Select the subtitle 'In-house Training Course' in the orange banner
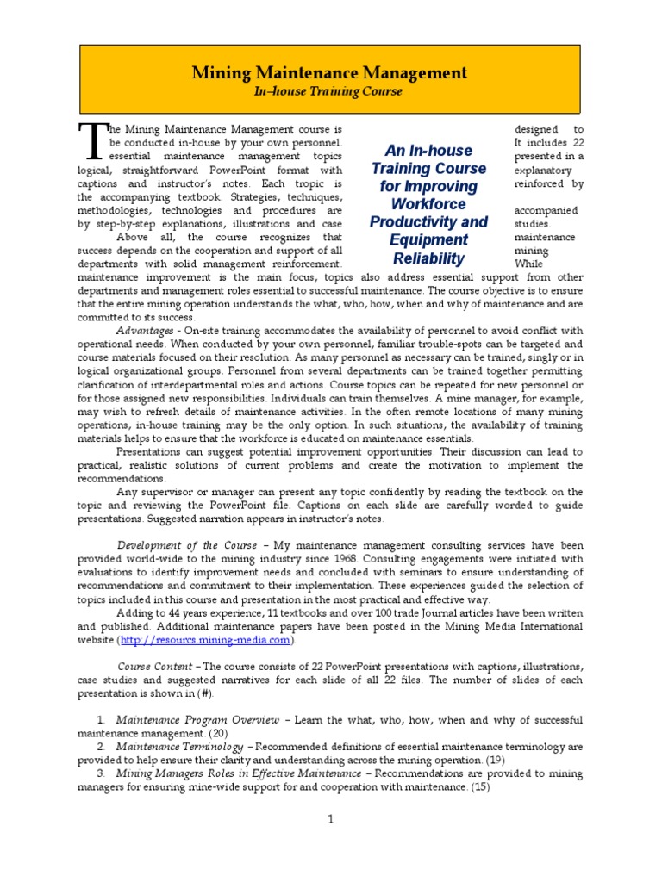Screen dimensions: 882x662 pos(328,91)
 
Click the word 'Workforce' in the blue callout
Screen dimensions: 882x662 pos(428,204)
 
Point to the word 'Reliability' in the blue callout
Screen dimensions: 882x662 pos(428,258)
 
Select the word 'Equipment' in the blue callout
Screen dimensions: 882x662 pos(428,240)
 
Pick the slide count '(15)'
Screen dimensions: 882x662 pos(480,786)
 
